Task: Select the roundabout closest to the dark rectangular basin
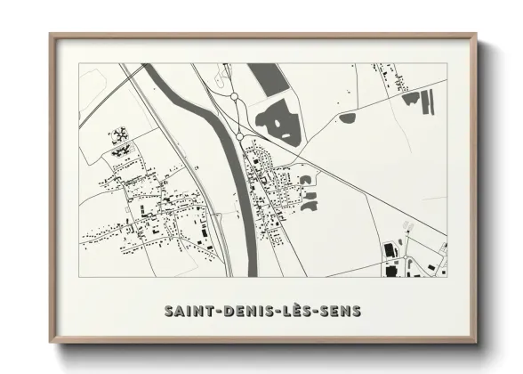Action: click(x=234, y=95)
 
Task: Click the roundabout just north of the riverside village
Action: click(x=239, y=135)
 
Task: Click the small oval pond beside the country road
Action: click(x=348, y=118)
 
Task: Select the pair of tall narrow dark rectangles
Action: click(x=411, y=97)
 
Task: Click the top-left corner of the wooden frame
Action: click(x=52, y=36)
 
